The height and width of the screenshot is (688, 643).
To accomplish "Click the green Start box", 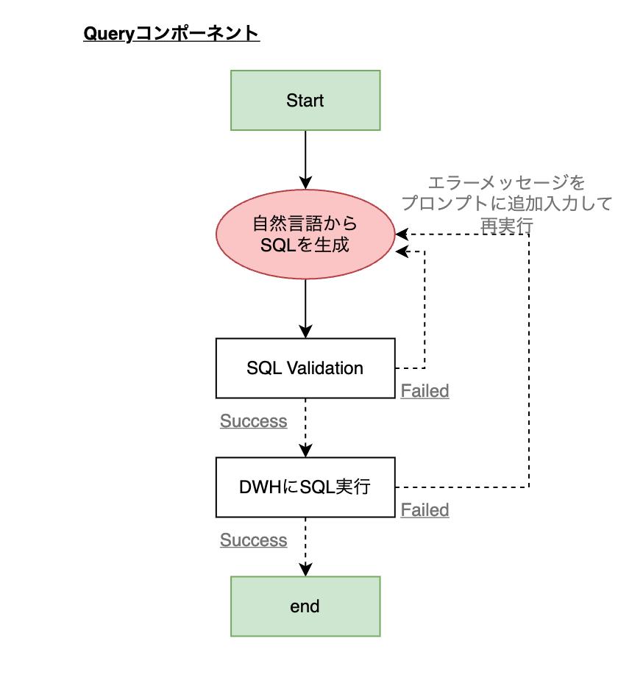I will pos(305,101).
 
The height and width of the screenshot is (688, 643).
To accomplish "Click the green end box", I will pos(305,606).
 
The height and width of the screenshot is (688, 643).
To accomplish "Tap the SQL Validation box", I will pos(305,368).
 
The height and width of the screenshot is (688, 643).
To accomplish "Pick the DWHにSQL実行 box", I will pos(305,487).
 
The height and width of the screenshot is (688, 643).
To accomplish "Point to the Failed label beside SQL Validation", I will pos(424,391).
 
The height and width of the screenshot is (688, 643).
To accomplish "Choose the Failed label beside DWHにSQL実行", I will pos(424,510).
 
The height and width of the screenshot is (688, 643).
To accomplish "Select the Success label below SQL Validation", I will pos(253,421).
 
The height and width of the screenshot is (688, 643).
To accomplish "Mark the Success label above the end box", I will pos(253,540).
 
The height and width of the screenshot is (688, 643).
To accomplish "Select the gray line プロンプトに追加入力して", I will pos(507,204).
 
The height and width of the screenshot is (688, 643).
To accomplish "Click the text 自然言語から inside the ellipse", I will pos(305,223).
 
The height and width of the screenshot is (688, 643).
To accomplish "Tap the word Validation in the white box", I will pos(324,368).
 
